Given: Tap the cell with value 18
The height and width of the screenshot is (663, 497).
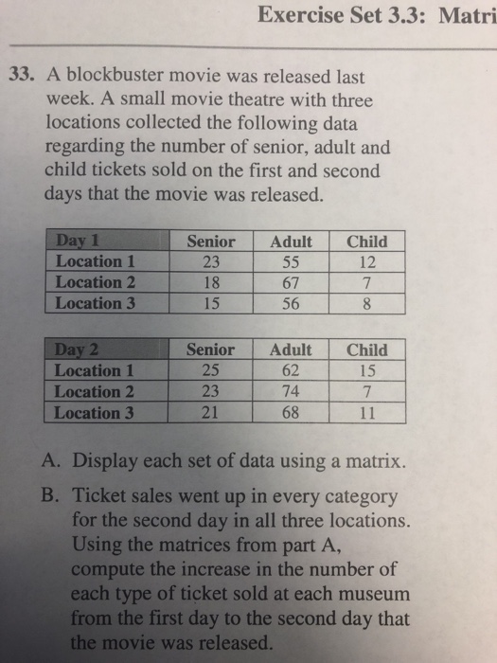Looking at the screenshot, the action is pos(211,282).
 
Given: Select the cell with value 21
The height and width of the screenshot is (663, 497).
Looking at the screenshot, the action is pos(211,412).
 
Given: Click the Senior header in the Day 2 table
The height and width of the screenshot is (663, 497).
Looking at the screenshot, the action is pos(211,349).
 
